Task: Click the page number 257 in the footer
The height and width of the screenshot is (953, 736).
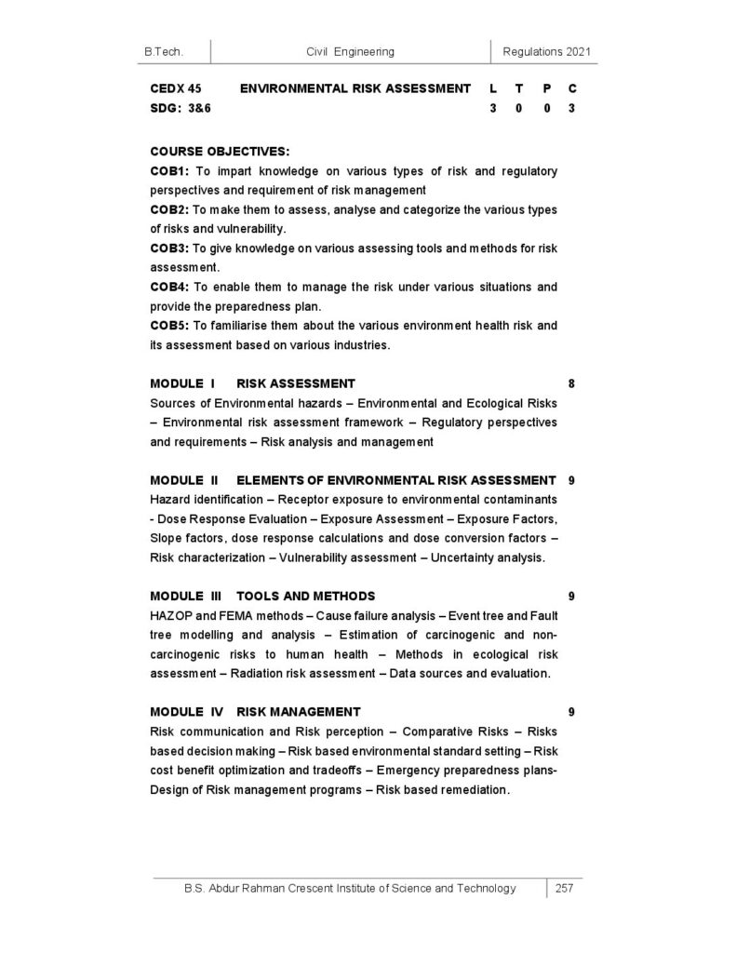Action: (563, 888)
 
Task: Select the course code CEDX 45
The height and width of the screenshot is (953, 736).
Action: (176, 88)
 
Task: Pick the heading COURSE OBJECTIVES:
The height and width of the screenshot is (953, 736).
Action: (220, 150)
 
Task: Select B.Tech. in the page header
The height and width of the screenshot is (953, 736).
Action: (164, 51)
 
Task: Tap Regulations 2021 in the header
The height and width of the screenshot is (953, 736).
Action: (546, 51)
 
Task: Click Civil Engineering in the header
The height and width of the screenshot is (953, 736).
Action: (350, 51)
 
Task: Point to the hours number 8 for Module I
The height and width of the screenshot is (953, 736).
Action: (570, 383)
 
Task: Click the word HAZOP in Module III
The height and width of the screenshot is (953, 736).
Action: (170, 615)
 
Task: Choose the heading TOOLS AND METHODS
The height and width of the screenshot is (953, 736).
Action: (306, 596)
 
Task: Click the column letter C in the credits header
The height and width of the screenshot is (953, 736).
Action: (571, 88)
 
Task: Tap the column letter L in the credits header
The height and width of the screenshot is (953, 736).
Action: (492, 88)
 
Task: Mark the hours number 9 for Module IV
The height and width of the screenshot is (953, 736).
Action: (570, 712)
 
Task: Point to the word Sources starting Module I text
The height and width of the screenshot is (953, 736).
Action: (171, 403)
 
